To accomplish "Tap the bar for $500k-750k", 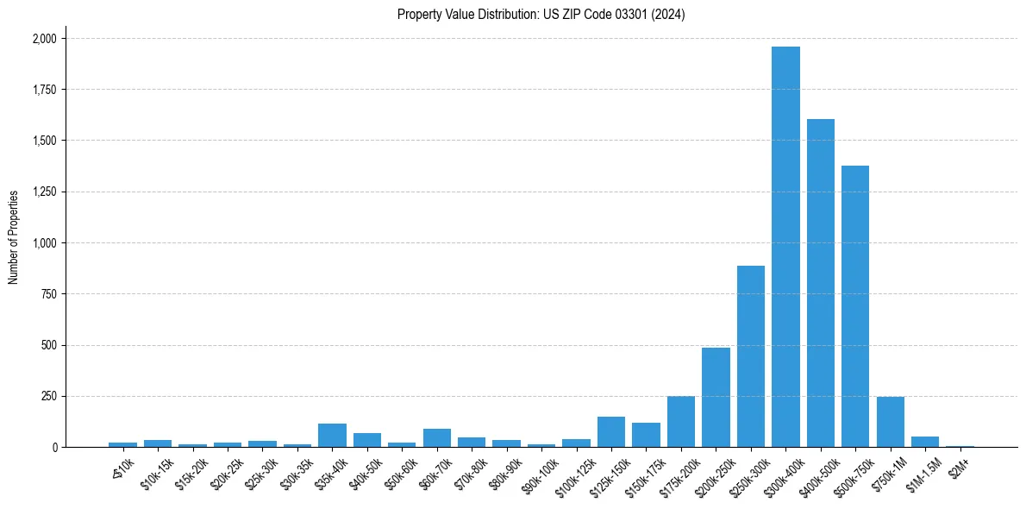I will (x=855, y=306).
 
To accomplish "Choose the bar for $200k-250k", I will (x=716, y=398).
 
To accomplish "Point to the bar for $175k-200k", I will (x=681, y=422).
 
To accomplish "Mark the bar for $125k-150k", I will (x=611, y=432).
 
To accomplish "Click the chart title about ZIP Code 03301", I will (x=541, y=15).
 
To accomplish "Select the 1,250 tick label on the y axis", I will (x=44, y=192).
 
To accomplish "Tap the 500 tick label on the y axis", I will (x=48, y=345).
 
